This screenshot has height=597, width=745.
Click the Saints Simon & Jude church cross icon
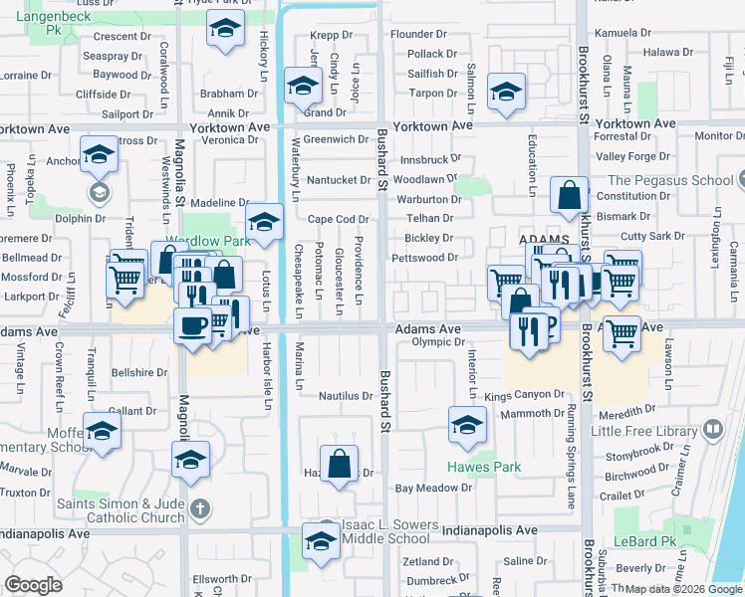(199, 508)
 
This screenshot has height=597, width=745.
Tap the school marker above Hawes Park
(467, 424)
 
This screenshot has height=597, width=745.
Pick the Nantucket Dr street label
(337, 179)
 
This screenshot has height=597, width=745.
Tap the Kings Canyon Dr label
(524, 395)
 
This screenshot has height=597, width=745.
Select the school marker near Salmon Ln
(506, 93)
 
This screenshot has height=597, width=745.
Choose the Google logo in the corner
(34, 585)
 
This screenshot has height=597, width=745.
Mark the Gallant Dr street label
(131, 410)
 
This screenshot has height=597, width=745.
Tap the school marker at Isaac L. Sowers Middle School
(321, 542)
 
